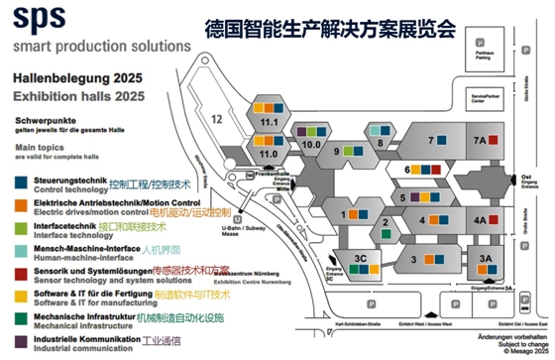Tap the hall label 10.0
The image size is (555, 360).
coord(312,145)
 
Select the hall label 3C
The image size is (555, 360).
coord(363,258)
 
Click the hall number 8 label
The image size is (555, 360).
coord(381,143)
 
